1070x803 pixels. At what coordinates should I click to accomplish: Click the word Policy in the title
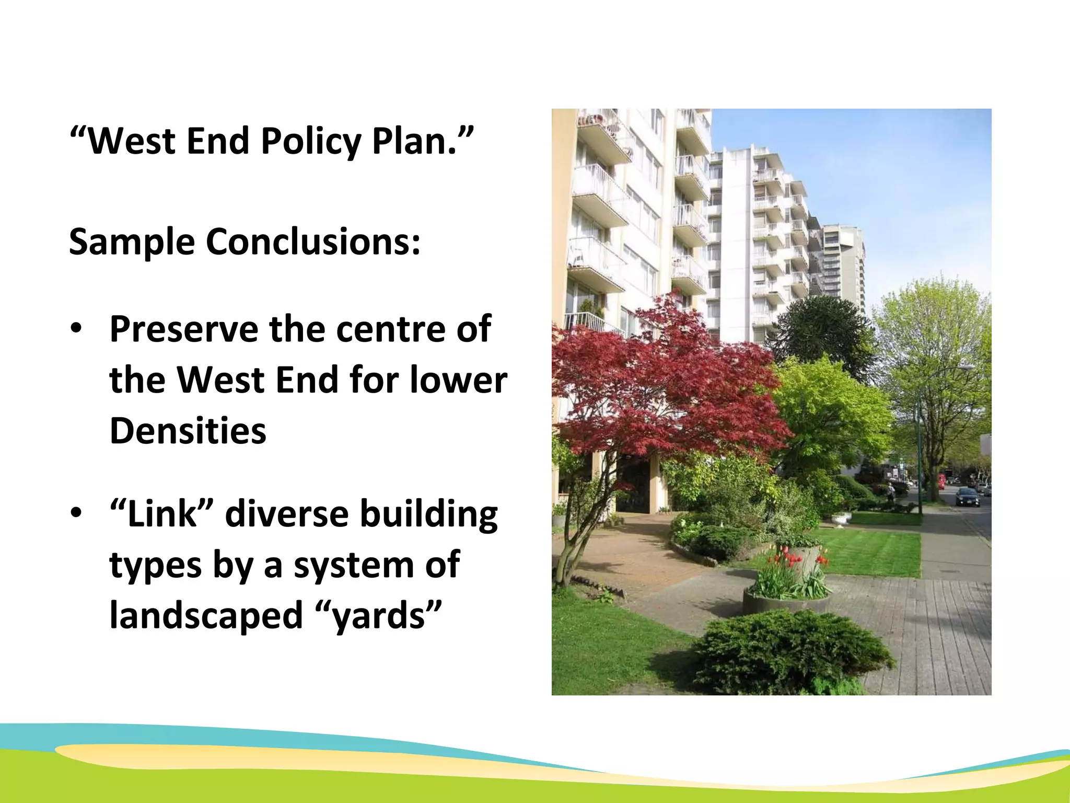[x=310, y=141]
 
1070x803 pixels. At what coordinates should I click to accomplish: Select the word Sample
[x=132, y=242]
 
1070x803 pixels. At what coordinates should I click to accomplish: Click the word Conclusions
[x=313, y=242]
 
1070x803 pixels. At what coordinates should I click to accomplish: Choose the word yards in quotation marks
[x=379, y=616]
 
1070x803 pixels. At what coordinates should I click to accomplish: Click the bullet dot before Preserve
[x=76, y=329]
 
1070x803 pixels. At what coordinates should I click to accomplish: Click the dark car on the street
[x=967, y=496]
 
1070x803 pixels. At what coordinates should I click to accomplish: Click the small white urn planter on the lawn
[x=840, y=518]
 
